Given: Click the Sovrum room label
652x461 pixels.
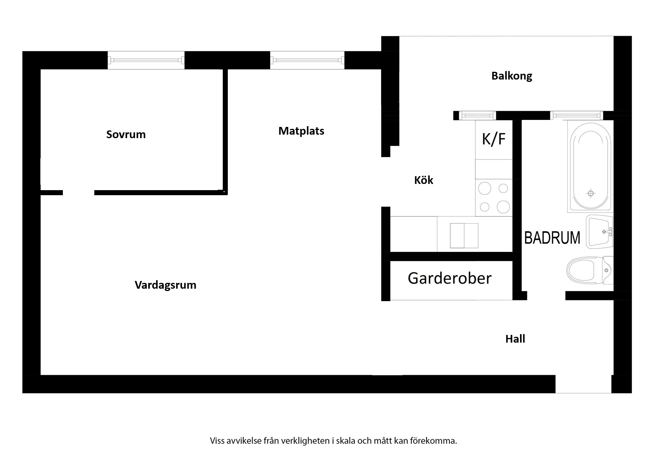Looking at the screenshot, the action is click(x=126, y=134).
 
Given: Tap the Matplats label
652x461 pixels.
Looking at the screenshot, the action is click(x=301, y=131).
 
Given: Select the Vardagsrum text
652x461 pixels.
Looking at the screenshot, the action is click(x=165, y=285).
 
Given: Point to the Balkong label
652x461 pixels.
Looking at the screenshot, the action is click(x=512, y=76).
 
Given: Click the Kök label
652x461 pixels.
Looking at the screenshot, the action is click(x=423, y=180).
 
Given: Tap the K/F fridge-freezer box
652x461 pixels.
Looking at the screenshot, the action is click(x=494, y=140).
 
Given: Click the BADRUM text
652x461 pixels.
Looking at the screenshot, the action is click(x=552, y=238).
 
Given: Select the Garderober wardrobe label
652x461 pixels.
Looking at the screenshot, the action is click(x=450, y=278).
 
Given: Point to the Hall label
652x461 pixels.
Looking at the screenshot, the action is click(x=515, y=339).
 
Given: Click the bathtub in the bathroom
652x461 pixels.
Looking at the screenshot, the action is click(x=590, y=166).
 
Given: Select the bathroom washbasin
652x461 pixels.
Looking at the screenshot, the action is click(x=600, y=232).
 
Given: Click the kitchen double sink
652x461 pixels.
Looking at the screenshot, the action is click(x=464, y=236).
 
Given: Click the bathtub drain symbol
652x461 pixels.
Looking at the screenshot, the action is click(x=591, y=193).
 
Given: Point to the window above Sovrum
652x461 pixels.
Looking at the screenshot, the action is click(x=146, y=60).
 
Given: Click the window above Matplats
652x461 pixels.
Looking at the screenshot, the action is click(x=307, y=60).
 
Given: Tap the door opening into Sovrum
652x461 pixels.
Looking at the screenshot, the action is click(x=78, y=192).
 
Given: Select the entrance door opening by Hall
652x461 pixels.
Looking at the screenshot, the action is click(x=583, y=384).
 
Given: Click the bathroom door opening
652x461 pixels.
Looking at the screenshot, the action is click(x=546, y=296).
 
